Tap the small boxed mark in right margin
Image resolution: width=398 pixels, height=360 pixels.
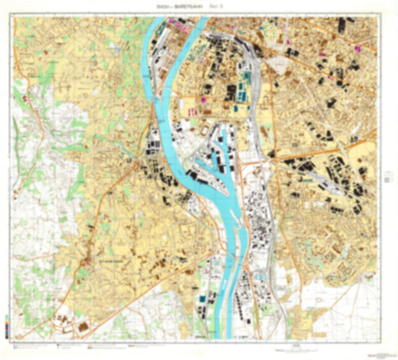pos(386,178)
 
